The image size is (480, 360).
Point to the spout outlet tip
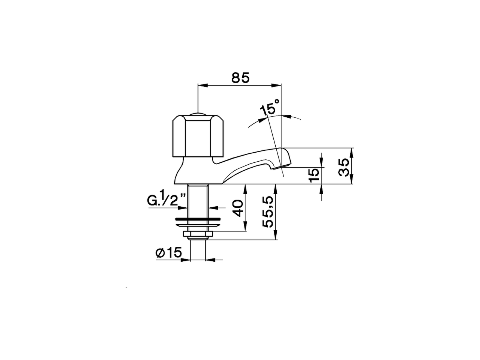pyautogui.click(x=285, y=165)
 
